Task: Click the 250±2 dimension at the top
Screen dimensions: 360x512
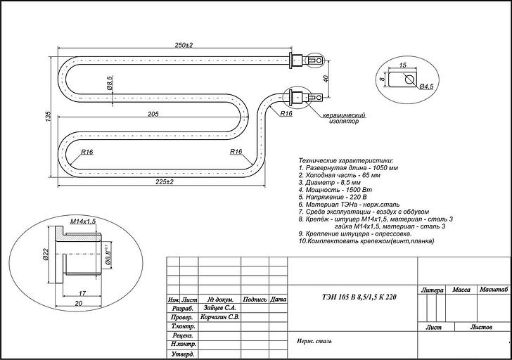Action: [x=185, y=45]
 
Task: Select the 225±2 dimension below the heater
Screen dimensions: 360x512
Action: [x=164, y=181]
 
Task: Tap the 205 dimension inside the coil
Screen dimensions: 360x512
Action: [x=153, y=114]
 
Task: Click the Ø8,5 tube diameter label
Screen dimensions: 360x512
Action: [x=110, y=84]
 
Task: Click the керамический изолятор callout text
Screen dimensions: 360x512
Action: [x=345, y=117]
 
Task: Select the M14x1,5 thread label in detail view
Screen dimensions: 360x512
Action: [x=84, y=221]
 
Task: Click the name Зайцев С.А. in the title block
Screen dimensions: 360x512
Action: [x=220, y=308]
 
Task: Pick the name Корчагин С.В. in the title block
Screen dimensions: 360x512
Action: [x=220, y=317]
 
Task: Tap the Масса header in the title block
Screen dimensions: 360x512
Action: [x=461, y=290]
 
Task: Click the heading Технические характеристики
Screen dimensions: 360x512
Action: [x=346, y=161]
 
